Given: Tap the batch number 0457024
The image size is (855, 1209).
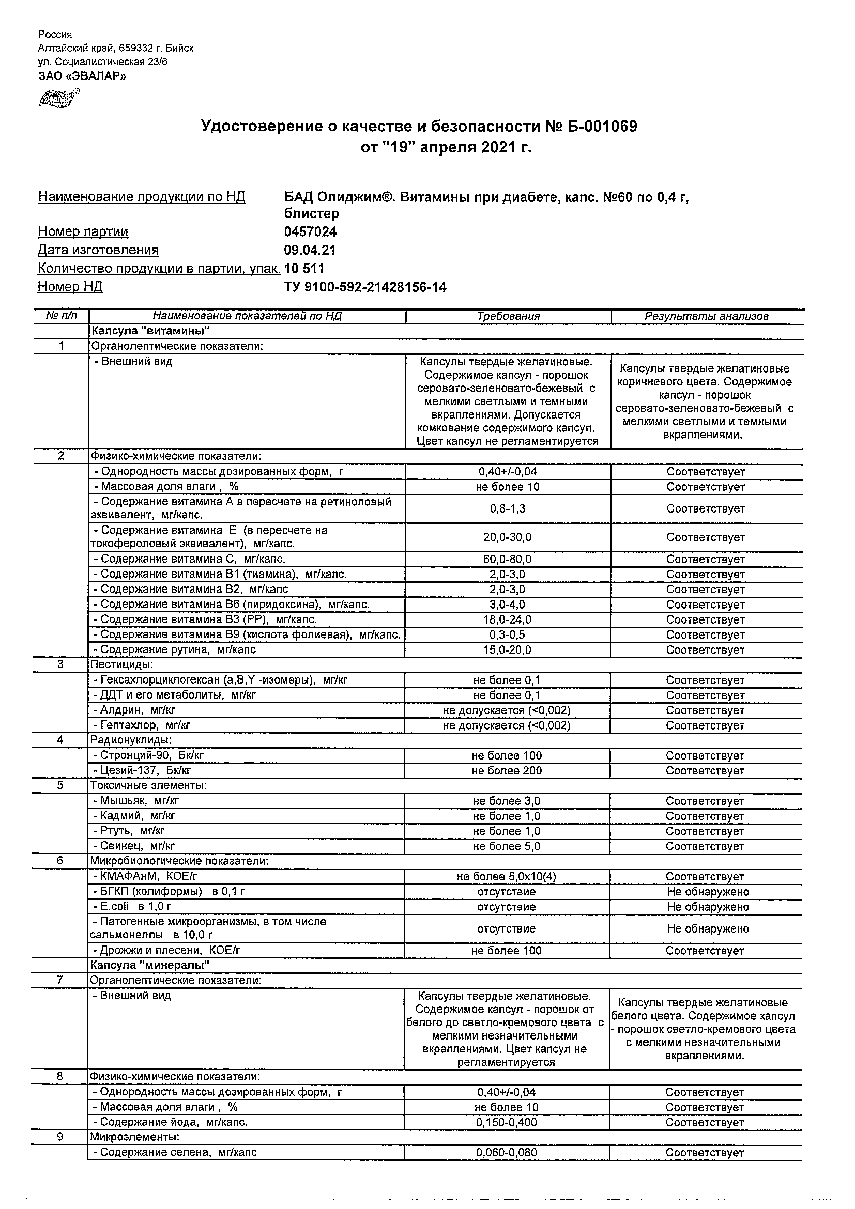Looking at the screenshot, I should (310, 231).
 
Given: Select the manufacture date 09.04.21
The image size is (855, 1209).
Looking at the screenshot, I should (310, 250).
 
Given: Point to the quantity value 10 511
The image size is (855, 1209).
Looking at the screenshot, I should (304, 269).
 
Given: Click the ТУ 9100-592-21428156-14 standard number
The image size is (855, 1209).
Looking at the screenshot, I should (365, 287).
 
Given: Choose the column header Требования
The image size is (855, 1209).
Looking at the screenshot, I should (508, 317).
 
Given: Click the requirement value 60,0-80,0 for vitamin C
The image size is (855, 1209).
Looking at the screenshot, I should (507, 559).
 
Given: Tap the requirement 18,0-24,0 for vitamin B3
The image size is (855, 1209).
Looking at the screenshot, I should (507, 620).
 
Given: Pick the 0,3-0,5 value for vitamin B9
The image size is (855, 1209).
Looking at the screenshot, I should (507, 635).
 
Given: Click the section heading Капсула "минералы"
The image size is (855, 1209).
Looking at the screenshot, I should (150, 965).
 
